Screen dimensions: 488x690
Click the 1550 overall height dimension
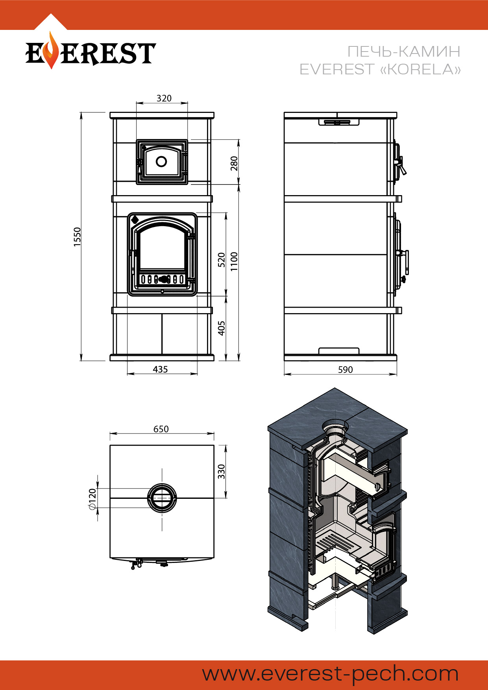tap(78, 237)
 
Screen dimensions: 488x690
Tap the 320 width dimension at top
tap(164, 98)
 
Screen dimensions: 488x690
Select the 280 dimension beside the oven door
tap(234, 163)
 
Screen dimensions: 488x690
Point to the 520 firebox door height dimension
tap(222, 260)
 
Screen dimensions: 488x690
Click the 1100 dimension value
tap(234, 262)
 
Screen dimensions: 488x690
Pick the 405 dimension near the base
tap(222, 328)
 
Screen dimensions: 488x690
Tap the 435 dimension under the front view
tap(160, 369)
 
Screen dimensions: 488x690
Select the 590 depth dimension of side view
tap(346, 370)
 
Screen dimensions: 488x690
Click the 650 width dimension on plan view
tap(161, 429)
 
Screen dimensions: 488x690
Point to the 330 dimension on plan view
tap(222, 472)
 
